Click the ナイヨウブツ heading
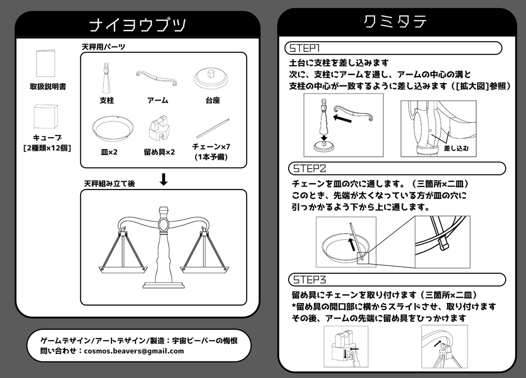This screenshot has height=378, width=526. [x=137, y=25]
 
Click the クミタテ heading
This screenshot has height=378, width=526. [x=396, y=22]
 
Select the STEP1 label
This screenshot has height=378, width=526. [x=305, y=48]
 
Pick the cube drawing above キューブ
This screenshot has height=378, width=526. [x=46, y=117]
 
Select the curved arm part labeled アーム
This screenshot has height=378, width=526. [x=157, y=78]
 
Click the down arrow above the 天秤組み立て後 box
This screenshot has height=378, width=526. [x=164, y=179]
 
